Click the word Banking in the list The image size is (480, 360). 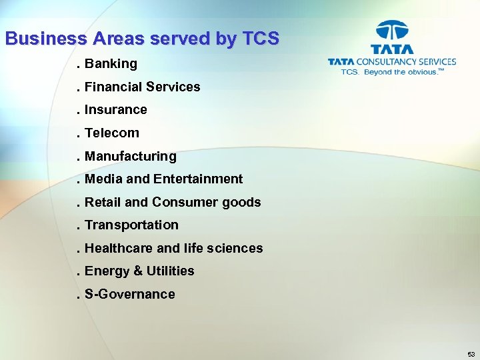coord(111,64)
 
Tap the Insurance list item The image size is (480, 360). coord(115,110)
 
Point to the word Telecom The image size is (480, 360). coord(112,133)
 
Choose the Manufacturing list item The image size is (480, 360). coord(130,157)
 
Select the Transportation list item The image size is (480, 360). coord(131,225)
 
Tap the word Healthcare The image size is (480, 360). coord(119,249)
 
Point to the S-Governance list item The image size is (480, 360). coord(129,295)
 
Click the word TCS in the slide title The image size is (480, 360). coord(259,39)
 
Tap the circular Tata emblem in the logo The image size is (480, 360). coord(392,31)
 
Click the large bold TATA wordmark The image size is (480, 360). coord(392,49)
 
